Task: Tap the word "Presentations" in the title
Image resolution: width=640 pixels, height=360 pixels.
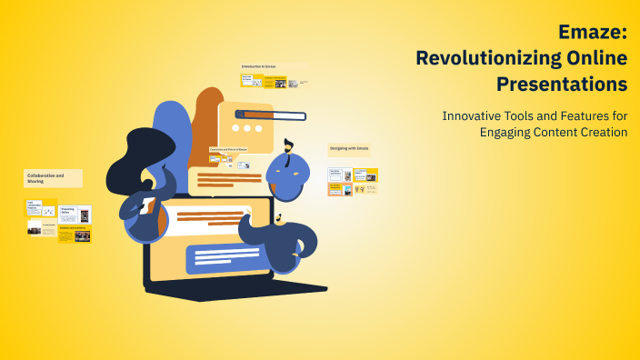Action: click(x=562, y=84)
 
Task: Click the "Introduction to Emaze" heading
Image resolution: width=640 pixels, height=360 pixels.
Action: click(x=258, y=66)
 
